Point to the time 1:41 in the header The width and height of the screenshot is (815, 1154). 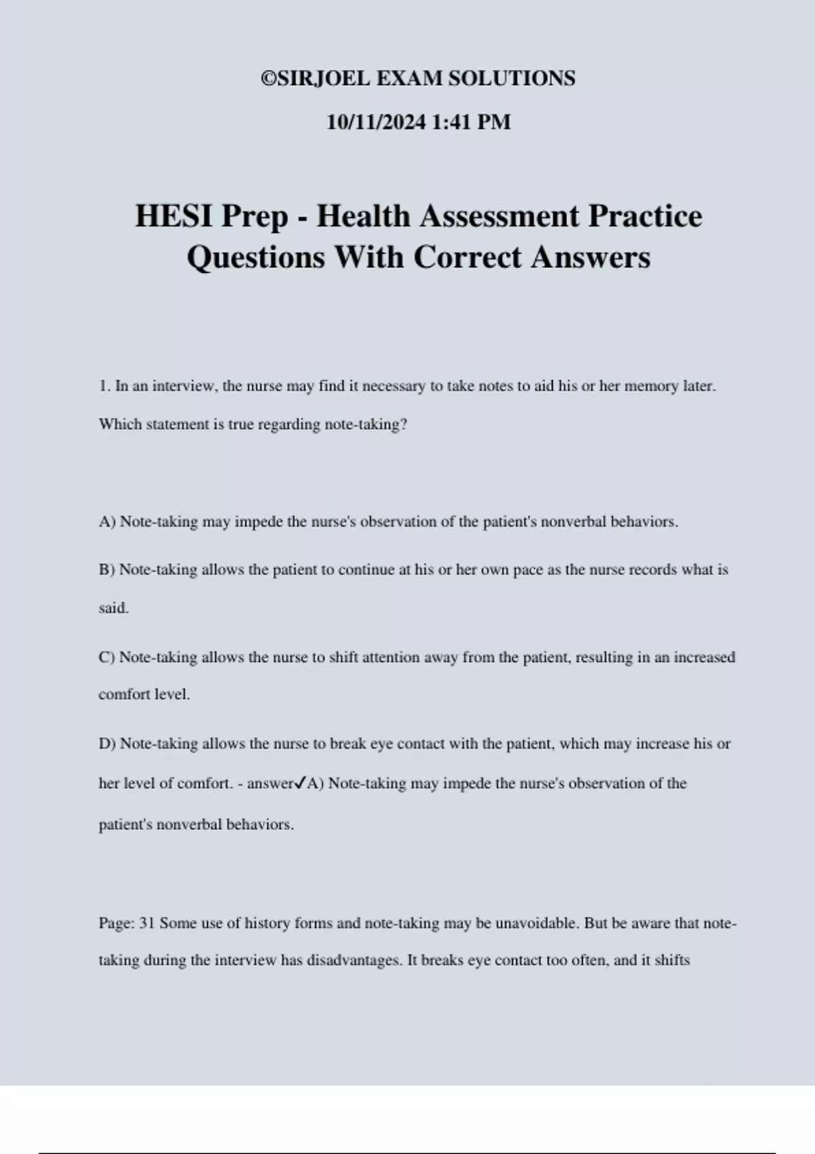(451, 122)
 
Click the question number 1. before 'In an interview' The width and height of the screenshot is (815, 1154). (105, 386)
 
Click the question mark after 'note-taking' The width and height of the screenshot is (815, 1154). (403, 425)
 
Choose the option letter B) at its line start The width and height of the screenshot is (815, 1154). (107, 570)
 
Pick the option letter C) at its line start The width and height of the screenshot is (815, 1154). (107, 657)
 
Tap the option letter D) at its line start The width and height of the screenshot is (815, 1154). (107, 743)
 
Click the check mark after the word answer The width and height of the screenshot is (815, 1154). (300, 783)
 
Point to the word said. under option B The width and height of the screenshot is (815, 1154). (113, 608)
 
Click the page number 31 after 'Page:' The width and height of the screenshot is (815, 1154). (147, 923)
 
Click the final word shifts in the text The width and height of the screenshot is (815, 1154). (670, 961)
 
